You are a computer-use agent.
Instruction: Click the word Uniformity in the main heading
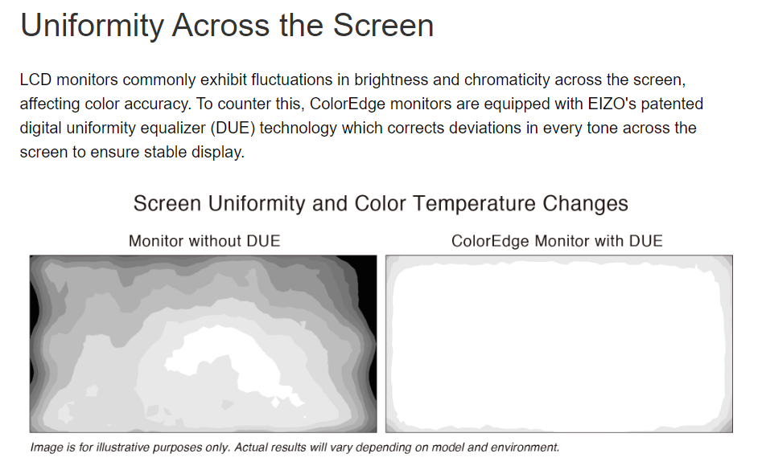point(93,26)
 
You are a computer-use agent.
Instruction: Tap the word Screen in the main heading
point(383,25)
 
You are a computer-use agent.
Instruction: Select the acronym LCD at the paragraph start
point(35,80)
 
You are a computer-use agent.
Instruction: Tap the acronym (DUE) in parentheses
point(233,128)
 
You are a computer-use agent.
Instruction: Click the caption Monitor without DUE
point(204,241)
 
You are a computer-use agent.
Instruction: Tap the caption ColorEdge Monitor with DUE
point(557,241)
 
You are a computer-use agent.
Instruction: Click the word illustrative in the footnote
point(123,447)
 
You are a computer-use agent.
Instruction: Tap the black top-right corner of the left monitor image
point(367,264)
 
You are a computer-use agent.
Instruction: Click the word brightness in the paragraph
point(391,80)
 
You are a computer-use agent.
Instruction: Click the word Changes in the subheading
point(585,204)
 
